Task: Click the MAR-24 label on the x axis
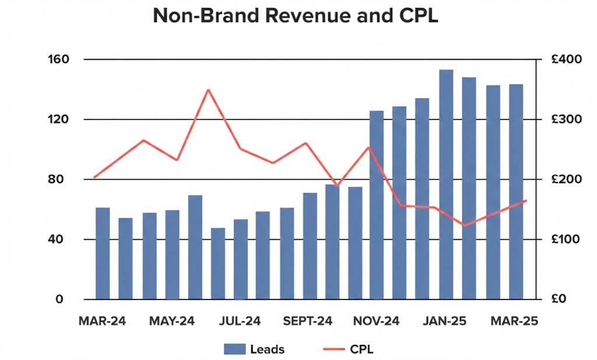tap(101, 321)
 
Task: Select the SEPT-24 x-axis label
tap(307, 321)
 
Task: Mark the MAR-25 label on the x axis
tap(514, 321)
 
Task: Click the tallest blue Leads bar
tap(446, 184)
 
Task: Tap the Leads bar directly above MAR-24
tap(103, 253)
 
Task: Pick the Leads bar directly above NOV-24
tap(377, 205)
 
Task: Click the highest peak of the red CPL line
tap(208, 90)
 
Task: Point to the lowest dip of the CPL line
tap(465, 225)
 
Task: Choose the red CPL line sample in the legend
tap(332, 349)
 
